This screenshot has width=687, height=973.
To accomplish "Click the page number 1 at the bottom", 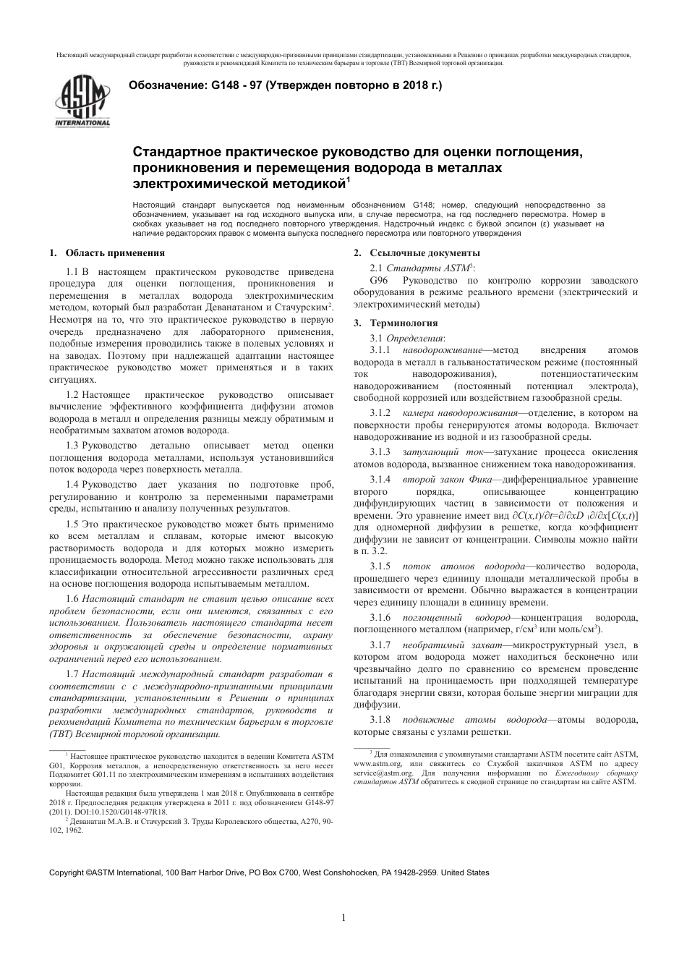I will (x=343, y=918).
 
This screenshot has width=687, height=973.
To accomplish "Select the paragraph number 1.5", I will (x=72, y=523).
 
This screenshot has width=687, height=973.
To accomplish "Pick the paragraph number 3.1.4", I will (x=379, y=480).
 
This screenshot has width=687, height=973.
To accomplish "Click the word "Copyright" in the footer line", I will (x=67, y=873).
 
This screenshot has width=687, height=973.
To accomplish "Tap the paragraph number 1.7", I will (x=72, y=674).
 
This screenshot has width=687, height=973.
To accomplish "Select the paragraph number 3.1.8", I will (x=379, y=720).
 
